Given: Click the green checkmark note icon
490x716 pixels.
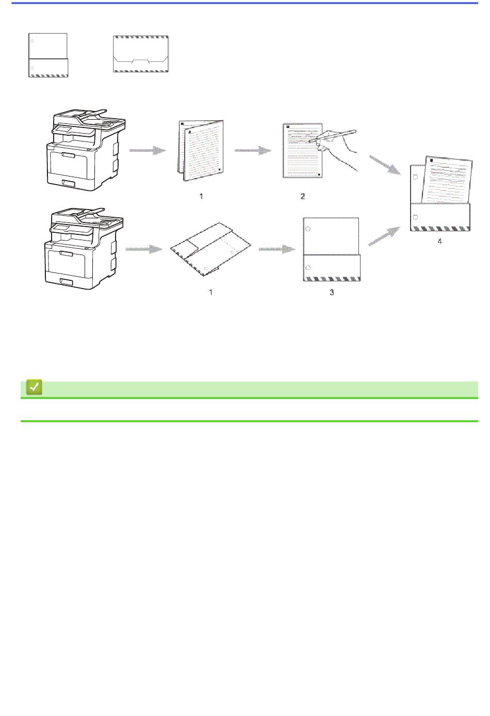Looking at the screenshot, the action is point(34,387).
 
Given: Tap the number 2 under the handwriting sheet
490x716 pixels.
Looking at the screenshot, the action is point(302,196).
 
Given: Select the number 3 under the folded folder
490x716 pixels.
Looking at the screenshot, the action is point(332,292).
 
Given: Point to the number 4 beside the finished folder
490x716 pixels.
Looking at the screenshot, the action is point(440,241).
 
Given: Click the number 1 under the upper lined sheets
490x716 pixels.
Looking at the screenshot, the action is point(201,196).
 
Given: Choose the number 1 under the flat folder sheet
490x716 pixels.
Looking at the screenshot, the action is point(210,292).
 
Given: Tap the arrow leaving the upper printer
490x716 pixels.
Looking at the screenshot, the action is point(148,151).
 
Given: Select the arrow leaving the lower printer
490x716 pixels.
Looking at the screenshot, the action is point(144,249).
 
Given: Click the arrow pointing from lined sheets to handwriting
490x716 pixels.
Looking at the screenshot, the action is point(253,151).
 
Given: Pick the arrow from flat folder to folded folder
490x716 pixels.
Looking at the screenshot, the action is point(277,249).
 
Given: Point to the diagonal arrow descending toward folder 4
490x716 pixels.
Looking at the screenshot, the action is point(385,165).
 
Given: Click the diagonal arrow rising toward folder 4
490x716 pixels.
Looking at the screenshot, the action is point(384,236).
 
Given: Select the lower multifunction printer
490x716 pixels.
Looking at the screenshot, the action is point(84,248).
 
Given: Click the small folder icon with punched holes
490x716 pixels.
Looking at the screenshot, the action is point(48,55).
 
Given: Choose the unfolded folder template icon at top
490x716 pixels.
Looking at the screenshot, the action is point(141,54).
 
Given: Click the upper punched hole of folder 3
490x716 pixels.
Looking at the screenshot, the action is point(308,229).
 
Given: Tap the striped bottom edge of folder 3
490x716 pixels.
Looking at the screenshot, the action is point(332,279).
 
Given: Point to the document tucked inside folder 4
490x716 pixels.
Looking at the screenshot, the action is point(447,180).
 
